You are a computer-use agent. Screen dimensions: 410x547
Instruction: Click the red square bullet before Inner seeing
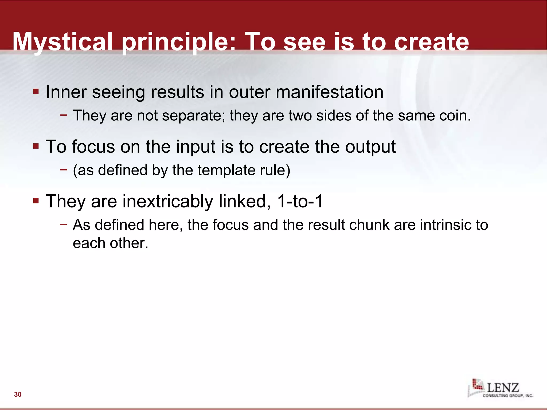[36, 92]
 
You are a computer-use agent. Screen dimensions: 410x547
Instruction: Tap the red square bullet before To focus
[36, 146]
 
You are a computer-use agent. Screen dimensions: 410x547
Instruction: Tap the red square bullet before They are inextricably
[36, 200]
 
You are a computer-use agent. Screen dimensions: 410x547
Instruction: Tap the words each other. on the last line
[110, 243]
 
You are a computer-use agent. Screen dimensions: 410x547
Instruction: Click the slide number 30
[18, 394]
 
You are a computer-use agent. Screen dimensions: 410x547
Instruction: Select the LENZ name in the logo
[503, 388]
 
